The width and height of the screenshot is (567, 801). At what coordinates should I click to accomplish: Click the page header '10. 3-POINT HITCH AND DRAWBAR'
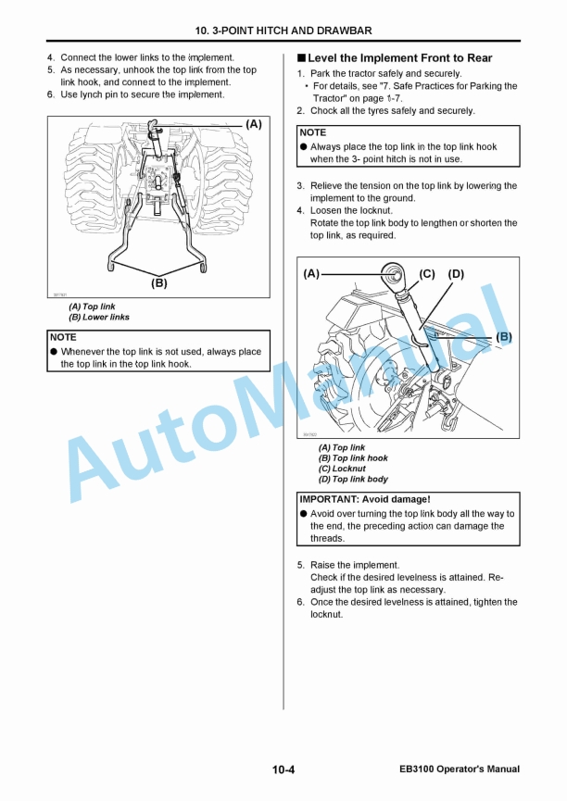(x=283, y=31)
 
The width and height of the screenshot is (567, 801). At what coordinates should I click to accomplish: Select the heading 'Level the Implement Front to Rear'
(x=399, y=58)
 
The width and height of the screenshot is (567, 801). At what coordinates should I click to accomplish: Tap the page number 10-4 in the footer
(x=283, y=770)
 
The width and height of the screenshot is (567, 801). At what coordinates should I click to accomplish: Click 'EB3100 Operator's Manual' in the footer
(x=460, y=770)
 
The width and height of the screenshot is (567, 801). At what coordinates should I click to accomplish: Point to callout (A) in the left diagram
(x=253, y=123)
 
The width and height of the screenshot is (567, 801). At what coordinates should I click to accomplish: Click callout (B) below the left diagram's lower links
(x=159, y=283)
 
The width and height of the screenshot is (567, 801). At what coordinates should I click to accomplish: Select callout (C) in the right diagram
(x=427, y=274)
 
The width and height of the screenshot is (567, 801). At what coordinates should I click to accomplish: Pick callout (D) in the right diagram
(x=456, y=274)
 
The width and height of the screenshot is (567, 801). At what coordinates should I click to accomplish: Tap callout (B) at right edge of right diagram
(x=504, y=337)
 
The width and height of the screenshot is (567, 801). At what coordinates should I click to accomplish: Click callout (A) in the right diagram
(x=311, y=274)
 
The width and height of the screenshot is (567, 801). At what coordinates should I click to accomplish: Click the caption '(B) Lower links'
(x=99, y=318)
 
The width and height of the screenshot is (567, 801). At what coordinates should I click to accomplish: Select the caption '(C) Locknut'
(x=342, y=469)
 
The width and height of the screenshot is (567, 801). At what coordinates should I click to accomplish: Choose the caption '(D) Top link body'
(x=353, y=480)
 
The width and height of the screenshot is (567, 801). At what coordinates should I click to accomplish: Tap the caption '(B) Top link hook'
(x=353, y=458)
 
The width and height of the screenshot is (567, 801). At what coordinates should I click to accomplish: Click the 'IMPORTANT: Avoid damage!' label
(x=365, y=500)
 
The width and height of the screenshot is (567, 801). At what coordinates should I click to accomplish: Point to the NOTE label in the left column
(x=64, y=338)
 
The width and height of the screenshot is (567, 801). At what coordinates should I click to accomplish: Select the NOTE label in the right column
(x=313, y=133)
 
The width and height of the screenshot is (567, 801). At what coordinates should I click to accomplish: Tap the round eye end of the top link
(x=393, y=273)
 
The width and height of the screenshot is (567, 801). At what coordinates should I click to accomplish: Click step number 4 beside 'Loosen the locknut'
(x=300, y=210)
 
